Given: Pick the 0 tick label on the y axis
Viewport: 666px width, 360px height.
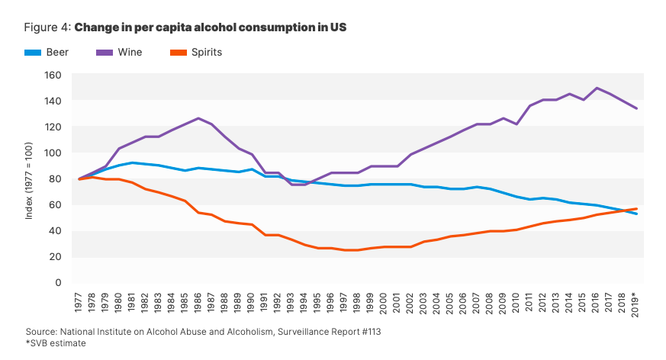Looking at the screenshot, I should pyautogui.click(x=57, y=282).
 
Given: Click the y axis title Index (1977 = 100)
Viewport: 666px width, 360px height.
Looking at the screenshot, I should pyautogui.click(x=29, y=178).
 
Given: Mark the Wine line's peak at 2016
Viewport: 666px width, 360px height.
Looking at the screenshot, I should pyautogui.click(x=596, y=88).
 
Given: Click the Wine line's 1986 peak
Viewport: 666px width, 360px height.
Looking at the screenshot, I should pyautogui.click(x=198, y=118).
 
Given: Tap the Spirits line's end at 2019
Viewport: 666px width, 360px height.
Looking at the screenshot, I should pyautogui.click(x=636, y=209).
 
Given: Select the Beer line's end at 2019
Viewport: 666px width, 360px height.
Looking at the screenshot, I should pyautogui.click(x=636, y=214).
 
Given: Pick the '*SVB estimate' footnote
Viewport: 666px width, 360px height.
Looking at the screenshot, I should pyautogui.click(x=55, y=343).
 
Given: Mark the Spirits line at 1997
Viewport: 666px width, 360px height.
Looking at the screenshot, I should pyautogui.click(x=344, y=250).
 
